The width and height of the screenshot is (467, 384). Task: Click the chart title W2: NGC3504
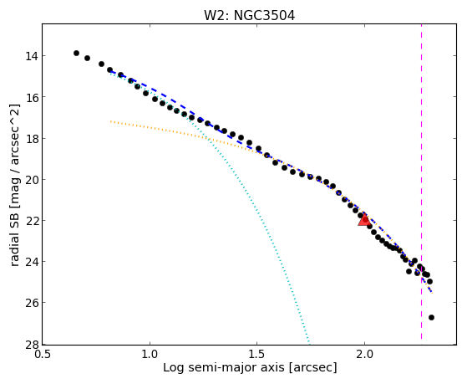click(249, 15)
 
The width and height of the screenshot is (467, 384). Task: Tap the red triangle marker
click(364, 220)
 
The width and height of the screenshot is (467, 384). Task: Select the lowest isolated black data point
click(431, 317)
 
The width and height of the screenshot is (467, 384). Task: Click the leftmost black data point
click(76, 53)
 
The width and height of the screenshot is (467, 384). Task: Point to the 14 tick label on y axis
click(31, 56)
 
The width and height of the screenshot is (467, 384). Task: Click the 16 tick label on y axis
click(31, 97)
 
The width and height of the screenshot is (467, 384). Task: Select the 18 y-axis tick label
click(31, 138)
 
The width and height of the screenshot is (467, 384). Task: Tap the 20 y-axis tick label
click(31, 180)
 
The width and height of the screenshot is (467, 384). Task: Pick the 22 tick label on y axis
click(31, 221)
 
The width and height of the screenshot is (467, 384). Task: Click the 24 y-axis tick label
click(31, 262)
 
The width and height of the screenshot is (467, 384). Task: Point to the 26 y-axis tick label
click(31, 303)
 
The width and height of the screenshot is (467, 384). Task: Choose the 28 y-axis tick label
click(31, 344)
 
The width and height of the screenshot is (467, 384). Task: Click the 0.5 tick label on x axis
click(43, 354)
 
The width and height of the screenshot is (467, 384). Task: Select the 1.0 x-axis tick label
click(150, 354)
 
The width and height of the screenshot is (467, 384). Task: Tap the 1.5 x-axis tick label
click(257, 354)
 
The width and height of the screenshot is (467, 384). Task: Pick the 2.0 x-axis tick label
click(364, 354)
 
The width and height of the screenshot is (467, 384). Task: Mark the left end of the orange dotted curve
click(110, 121)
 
